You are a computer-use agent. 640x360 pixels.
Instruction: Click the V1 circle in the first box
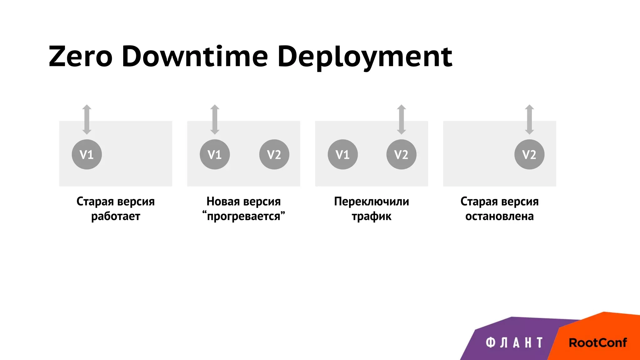tap(87, 154)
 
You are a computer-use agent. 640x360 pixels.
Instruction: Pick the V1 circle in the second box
tap(215, 154)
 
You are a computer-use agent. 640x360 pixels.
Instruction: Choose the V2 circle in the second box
tap(274, 154)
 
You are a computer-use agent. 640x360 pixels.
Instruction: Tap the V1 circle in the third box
tap(342, 154)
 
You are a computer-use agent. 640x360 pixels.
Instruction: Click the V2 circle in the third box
tap(401, 154)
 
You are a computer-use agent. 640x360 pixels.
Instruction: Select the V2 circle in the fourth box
tap(529, 154)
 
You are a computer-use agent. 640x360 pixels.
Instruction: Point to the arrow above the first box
tap(87, 119)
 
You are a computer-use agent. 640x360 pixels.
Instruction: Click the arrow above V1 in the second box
tap(215, 119)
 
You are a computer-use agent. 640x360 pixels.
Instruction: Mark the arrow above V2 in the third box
tap(402, 119)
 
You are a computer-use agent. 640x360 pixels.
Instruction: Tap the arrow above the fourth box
tap(529, 119)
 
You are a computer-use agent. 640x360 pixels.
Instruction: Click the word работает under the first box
tap(116, 216)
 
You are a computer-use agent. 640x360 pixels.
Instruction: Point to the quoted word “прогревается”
tap(243, 216)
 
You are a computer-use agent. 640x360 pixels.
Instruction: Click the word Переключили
tap(371, 202)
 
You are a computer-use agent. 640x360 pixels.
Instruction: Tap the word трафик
tap(371, 216)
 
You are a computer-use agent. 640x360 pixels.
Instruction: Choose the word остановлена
tap(499, 216)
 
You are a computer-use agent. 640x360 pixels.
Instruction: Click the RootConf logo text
tap(597, 343)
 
